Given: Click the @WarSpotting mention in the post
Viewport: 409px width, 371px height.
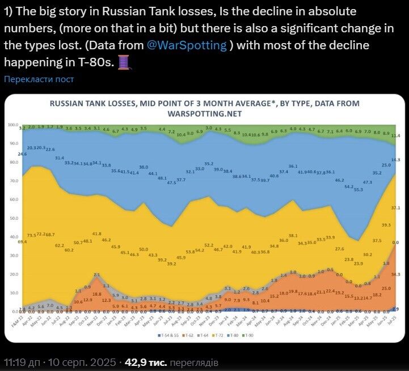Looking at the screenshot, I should (187, 46).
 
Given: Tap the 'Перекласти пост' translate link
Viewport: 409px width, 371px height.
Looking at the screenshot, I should (39, 79).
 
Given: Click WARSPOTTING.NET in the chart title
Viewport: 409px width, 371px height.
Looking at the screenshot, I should (204, 113).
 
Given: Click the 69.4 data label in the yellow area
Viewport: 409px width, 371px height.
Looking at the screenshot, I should (23, 242).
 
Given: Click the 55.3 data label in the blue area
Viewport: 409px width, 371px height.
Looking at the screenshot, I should (358, 189).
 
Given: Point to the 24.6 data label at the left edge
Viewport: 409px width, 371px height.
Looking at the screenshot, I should (23, 154).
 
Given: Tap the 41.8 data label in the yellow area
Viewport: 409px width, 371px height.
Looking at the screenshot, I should (96, 234).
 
